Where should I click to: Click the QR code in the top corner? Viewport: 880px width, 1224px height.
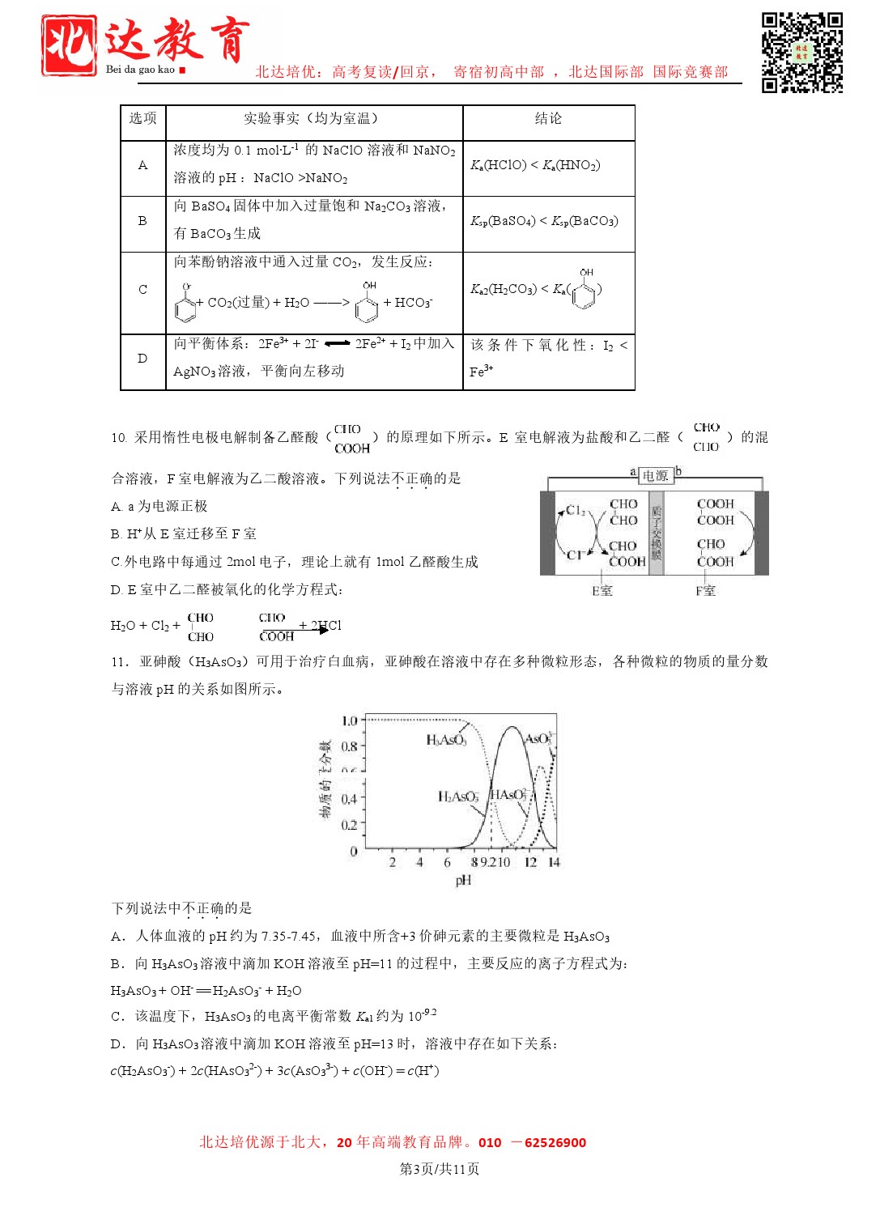pyautogui.click(x=801, y=53)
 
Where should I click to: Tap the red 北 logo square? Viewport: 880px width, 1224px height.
pyautogui.click(x=70, y=46)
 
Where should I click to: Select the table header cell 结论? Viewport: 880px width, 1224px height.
pyautogui.click(x=548, y=119)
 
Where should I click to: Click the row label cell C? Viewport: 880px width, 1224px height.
pyautogui.click(x=142, y=290)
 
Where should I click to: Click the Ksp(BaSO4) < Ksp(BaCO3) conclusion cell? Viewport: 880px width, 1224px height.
pyautogui.click(x=544, y=221)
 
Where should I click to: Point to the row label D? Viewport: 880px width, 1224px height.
pyautogui.click(x=142, y=359)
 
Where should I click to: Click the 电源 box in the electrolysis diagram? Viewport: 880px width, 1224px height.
pyautogui.click(x=656, y=476)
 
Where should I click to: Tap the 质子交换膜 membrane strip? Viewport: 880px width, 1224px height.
pyautogui.click(x=657, y=533)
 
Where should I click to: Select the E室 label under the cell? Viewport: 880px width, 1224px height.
pyautogui.click(x=602, y=591)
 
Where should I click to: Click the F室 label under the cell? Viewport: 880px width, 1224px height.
pyautogui.click(x=705, y=591)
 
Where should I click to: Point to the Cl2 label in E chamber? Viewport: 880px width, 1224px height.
pyautogui.click(x=576, y=511)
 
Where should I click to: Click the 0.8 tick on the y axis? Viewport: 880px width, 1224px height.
pyautogui.click(x=349, y=746)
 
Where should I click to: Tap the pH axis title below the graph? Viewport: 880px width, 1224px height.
pyautogui.click(x=463, y=880)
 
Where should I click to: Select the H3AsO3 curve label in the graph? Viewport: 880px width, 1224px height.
pyautogui.click(x=446, y=740)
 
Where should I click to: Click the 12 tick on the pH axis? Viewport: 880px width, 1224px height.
pyautogui.click(x=530, y=862)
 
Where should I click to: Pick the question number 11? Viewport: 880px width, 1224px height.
pyautogui.click(x=119, y=662)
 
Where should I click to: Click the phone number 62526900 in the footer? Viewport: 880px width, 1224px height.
pyautogui.click(x=555, y=1143)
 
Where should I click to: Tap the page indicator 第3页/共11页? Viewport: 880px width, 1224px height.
pyautogui.click(x=440, y=1169)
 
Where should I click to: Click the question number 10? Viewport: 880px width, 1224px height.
pyautogui.click(x=119, y=438)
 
